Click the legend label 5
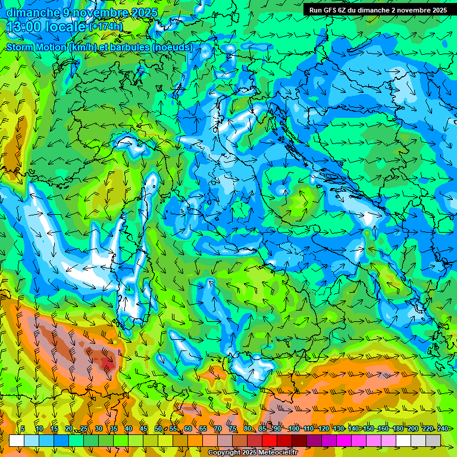coord(22,428)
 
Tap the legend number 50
coord(158,428)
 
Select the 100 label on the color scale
coord(294,428)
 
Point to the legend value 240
coord(443,428)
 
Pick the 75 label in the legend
coord(233,428)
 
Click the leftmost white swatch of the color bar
coord(17,440)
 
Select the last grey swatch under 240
coord(433,440)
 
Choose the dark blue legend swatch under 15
coord(61,440)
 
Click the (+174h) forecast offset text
coord(106,27)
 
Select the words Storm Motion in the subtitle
coord(36,47)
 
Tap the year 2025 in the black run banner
coord(438,10)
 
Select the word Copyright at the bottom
coord(224,453)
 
